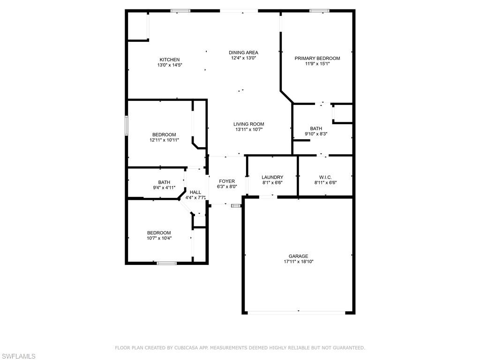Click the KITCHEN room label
click(170, 60)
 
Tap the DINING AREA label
click(243, 52)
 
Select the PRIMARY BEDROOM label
click(317, 58)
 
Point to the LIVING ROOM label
click(248, 124)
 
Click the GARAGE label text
click(299, 256)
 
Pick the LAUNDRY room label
click(272, 177)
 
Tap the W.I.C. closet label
click(325, 177)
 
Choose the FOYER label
click(227, 181)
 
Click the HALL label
click(195, 192)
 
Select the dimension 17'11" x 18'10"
click(299, 262)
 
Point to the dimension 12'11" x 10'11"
click(164, 140)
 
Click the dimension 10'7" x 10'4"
click(159, 238)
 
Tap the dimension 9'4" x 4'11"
click(164, 187)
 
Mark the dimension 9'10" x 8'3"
click(316, 134)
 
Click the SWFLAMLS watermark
click(18, 356)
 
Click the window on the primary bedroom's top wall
click(319, 11)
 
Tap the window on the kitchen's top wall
click(180, 11)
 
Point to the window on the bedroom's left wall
click(127, 125)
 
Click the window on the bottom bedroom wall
click(167, 263)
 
